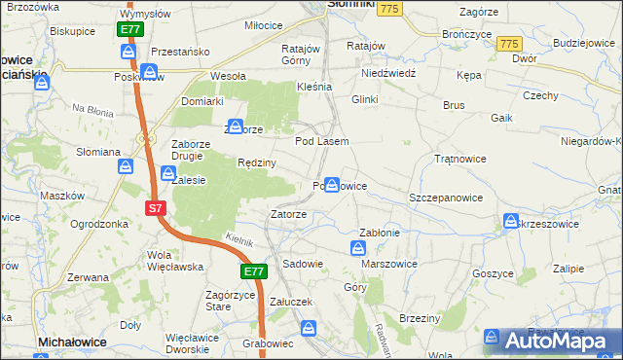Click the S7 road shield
(x=156, y=208)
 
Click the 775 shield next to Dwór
(x=507, y=45)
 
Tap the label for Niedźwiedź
(x=388, y=73)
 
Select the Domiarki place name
(x=202, y=101)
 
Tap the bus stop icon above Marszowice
(x=357, y=249)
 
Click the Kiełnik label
(x=239, y=239)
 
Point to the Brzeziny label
(x=421, y=318)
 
